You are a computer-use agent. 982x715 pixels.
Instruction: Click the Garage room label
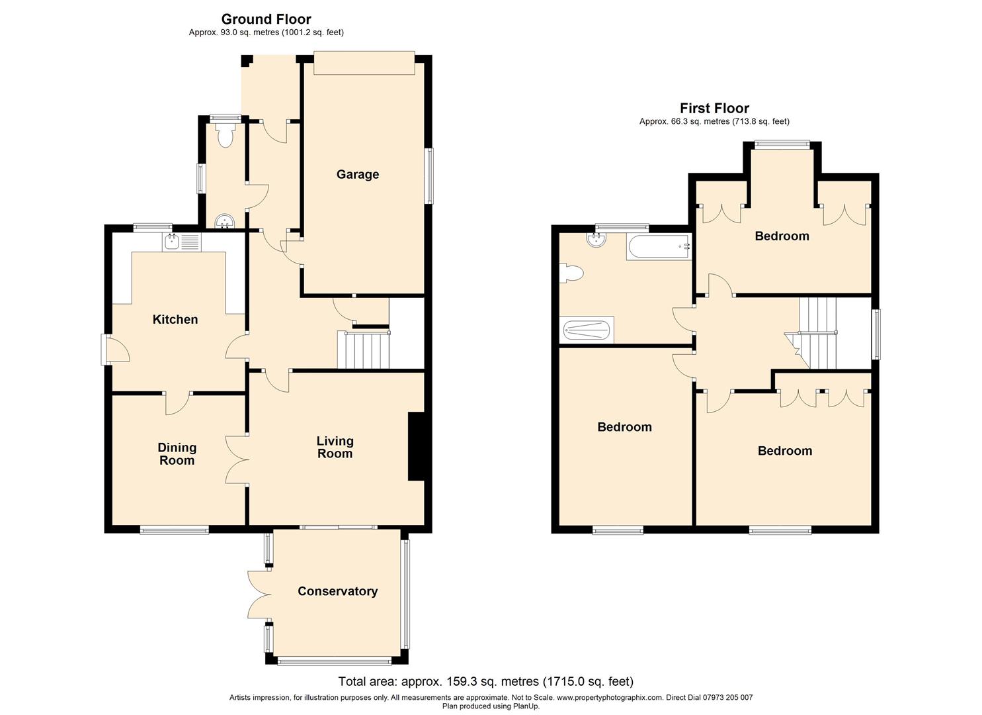[357, 175]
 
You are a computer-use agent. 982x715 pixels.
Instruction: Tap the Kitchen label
[175, 320]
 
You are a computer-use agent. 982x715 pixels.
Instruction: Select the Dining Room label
[177, 454]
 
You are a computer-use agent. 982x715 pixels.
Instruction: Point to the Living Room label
[335, 448]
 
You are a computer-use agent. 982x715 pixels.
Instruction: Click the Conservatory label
[337, 591]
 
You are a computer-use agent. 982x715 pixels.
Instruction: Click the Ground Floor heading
[266, 19]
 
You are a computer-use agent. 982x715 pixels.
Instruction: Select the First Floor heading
[714, 108]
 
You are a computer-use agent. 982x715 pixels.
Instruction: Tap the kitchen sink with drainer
[182, 242]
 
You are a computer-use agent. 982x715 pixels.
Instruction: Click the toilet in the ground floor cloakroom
[225, 134]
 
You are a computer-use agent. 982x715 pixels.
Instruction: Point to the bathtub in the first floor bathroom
[659, 247]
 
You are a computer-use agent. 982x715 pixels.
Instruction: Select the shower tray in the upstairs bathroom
[587, 329]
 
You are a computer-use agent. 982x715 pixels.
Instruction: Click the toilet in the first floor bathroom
[571, 273]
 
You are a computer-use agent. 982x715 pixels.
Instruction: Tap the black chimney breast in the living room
[417, 446]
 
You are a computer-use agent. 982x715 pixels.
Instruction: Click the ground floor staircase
[364, 350]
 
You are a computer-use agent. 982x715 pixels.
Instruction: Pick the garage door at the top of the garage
[364, 63]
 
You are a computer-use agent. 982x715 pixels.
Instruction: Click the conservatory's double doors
[259, 595]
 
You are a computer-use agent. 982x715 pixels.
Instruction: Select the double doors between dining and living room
[237, 459]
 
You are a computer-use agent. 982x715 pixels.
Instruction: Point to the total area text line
[486, 681]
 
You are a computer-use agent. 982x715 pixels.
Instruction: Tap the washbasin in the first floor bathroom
[596, 240]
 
